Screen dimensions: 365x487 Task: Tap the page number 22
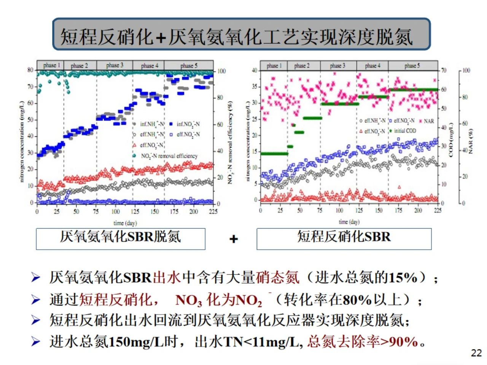coord(476,353)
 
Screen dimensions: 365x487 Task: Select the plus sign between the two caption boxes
coord(234,239)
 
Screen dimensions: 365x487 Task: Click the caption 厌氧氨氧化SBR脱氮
coord(120,237)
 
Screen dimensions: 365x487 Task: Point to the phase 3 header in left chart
coord(115,65)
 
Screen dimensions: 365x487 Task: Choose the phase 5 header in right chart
coord(412,66)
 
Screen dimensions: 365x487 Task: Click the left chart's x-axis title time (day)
coord(125,223)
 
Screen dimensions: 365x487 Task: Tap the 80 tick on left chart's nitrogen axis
coord(30,70)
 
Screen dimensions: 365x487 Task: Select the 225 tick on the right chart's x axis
coord(438,210)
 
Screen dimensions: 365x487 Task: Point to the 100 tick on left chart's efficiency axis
coord(221,71)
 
